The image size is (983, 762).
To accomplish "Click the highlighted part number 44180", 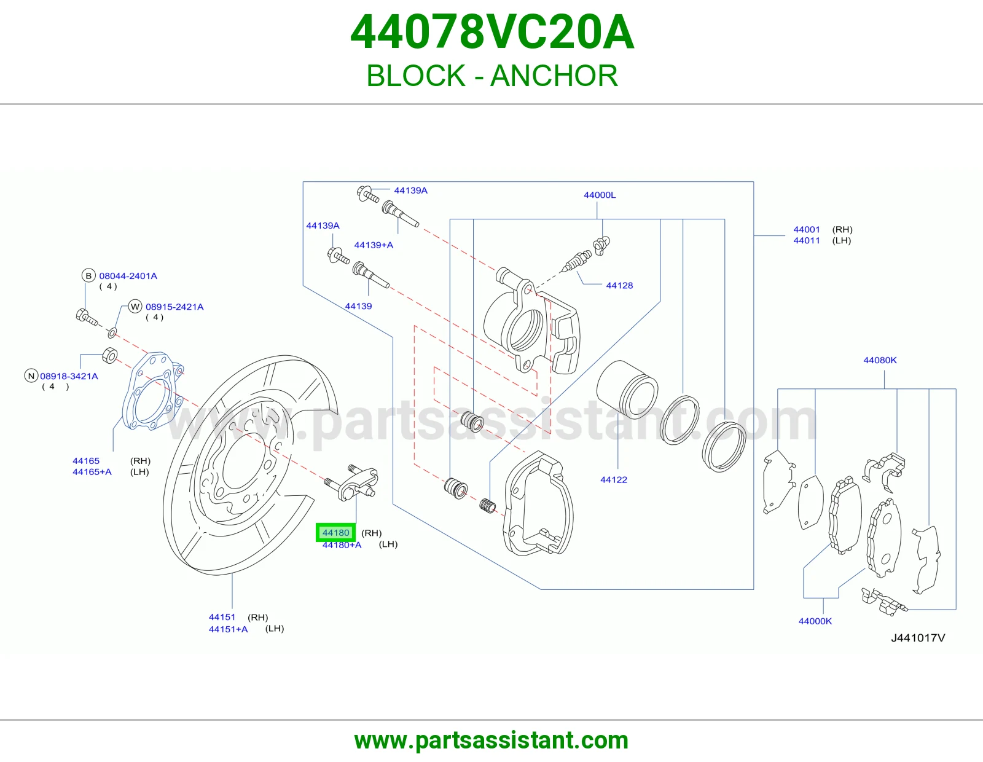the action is point(335,533).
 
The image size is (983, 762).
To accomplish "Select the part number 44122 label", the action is point(613,480).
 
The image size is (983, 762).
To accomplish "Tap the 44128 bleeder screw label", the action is point(619,286).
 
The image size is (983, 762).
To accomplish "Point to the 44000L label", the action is point(600,195).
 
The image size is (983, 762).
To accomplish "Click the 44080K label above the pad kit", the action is point(880,360).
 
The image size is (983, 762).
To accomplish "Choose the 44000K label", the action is point(815,621).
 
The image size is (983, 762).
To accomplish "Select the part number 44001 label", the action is point(806,229).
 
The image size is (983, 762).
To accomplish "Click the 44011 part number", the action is point(806,241).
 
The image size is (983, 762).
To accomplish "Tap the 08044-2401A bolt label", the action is point(128,276).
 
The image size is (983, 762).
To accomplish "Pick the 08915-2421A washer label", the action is point(174,307).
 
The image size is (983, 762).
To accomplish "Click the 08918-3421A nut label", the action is point(69,376).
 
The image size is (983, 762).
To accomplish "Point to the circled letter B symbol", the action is point(88,275).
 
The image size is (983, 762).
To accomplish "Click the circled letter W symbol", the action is point(135,307).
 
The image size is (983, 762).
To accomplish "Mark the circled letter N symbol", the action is point(31,375).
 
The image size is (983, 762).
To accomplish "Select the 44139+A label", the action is point(374,245).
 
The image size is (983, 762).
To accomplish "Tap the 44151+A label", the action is point(228,629).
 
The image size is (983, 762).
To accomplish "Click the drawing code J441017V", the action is point(918,638).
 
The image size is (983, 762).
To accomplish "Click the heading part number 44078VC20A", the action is point(492,32).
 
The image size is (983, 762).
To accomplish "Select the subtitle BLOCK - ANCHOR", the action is point(492,76).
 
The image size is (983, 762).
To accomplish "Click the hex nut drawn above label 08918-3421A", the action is point(110,356).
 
